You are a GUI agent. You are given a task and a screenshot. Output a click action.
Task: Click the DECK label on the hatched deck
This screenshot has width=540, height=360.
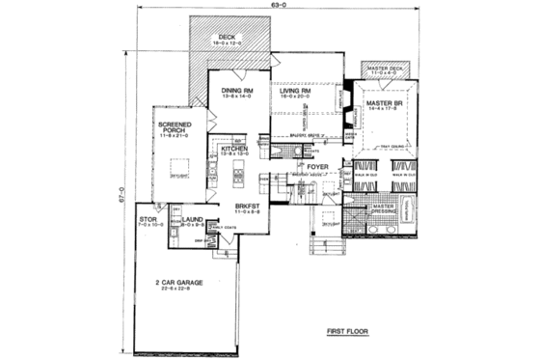tap(229, 37)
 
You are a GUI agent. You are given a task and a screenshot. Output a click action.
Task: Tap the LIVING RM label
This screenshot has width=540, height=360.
tap(297, 91)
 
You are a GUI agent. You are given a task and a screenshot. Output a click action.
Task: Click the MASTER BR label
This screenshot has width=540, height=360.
tap(384, 104)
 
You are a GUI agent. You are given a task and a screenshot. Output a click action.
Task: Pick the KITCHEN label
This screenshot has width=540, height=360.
tap(236, 148)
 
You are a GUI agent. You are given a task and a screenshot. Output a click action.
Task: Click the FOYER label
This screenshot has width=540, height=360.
tap(318, 165)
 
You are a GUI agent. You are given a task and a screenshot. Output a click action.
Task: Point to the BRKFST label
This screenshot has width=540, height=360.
tap(245, 205)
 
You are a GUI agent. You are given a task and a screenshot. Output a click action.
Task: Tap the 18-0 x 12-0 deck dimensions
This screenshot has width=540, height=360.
tap(229, 44)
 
